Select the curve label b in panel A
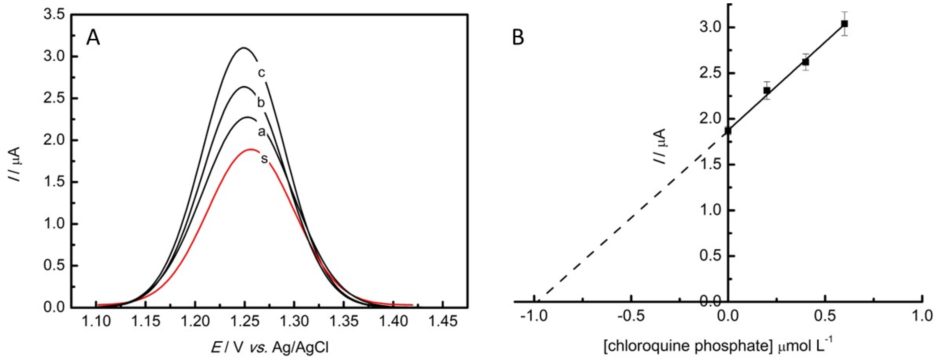[x=261, y=103]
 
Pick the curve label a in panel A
[x=261, y=132]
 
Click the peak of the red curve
[x=250, y=149]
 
